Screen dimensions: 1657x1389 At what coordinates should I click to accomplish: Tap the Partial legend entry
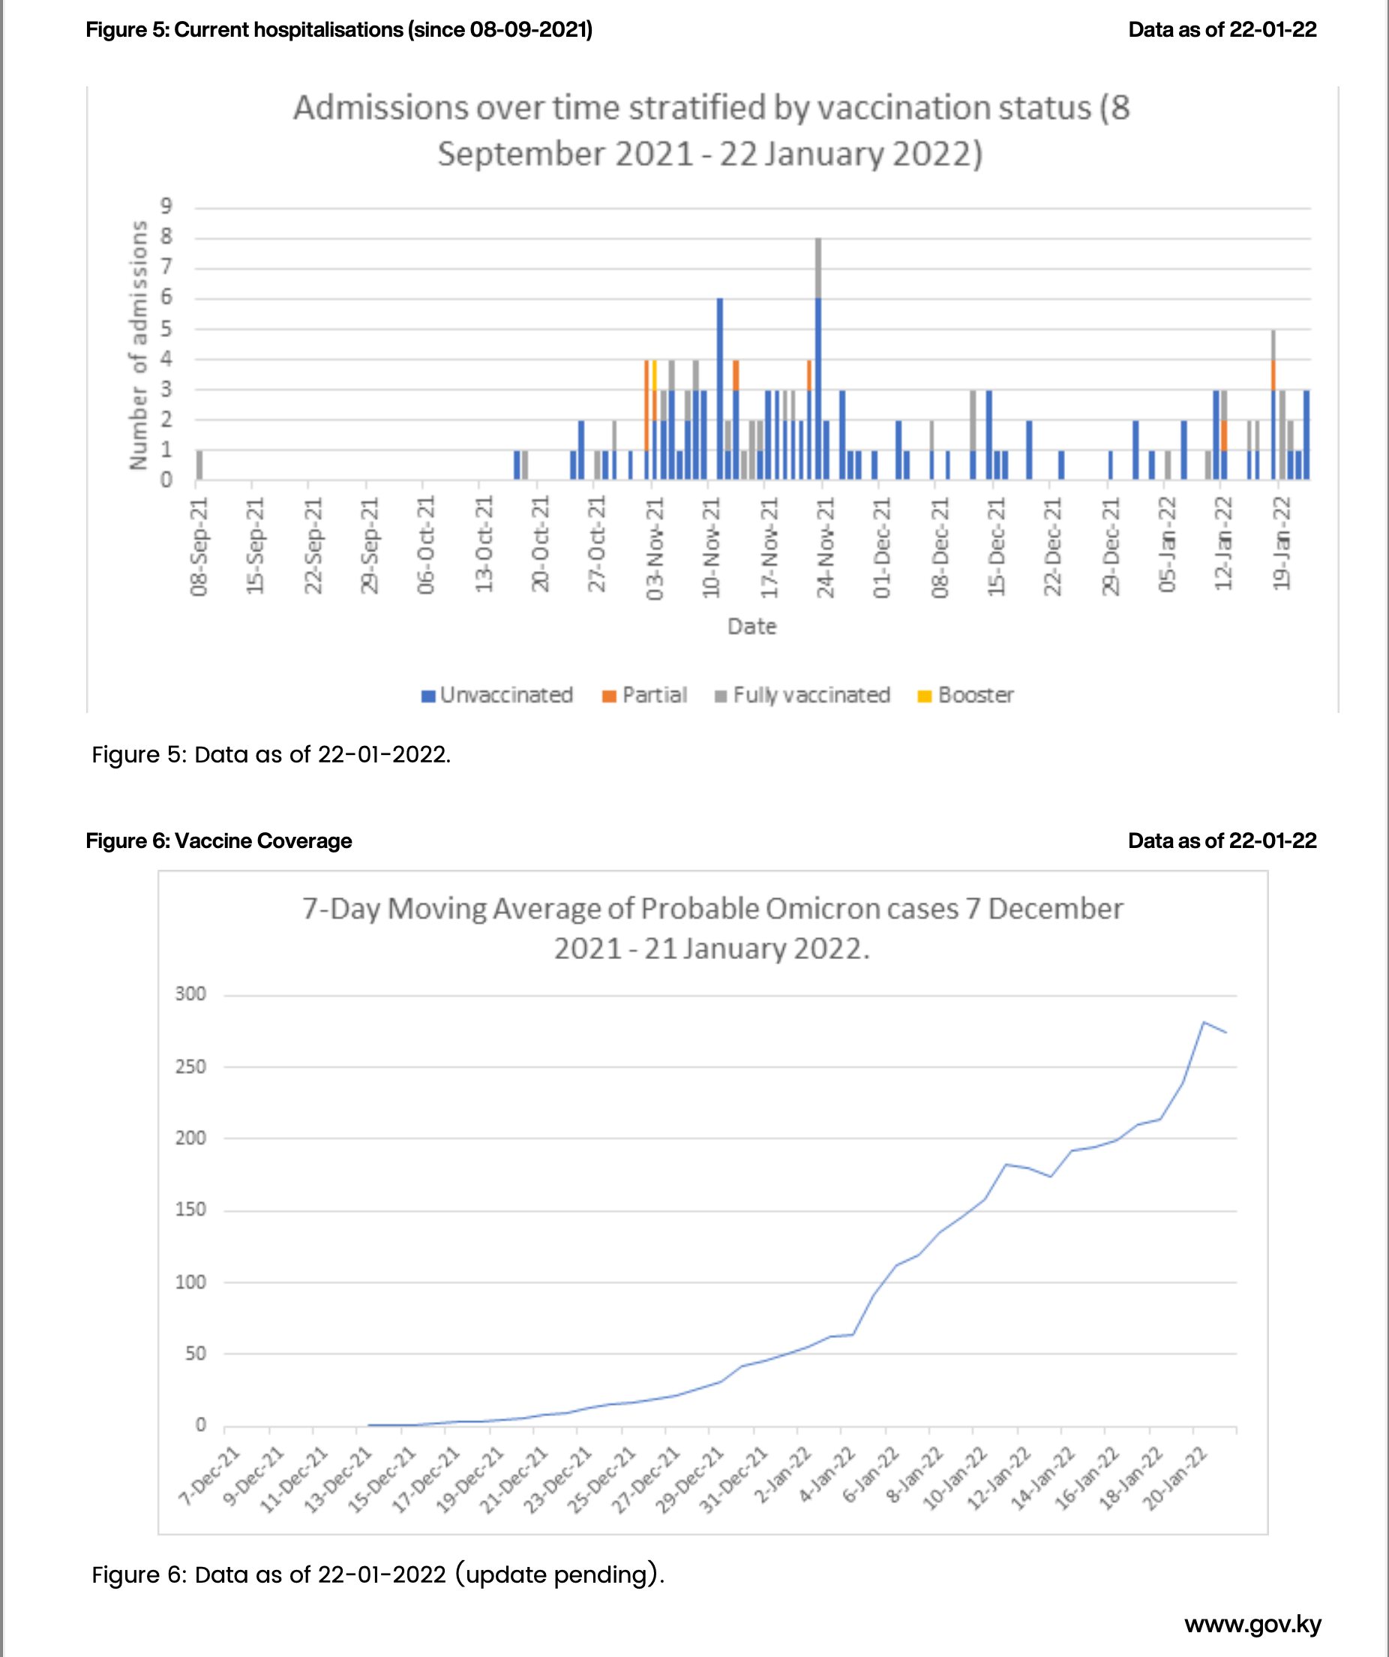[645, 695]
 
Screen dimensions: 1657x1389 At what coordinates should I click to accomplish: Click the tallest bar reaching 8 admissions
[818, 359]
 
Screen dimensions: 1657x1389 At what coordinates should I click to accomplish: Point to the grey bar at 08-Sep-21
[199, 465]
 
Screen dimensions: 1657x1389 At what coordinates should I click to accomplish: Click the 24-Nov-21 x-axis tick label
[825, 548]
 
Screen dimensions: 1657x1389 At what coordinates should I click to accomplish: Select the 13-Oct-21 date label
[484, 544]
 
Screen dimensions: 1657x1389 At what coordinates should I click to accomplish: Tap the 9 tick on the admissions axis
[166, 206]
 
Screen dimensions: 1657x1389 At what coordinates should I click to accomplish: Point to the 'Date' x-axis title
[751, 627]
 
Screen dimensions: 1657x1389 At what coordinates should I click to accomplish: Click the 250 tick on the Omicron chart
[190, 1067]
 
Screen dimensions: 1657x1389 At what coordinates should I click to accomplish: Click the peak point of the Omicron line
[1204, 1023]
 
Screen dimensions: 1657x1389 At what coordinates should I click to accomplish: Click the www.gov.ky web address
[1252, 1624]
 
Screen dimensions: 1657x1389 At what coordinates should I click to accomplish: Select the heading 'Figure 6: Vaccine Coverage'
[218, 841]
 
